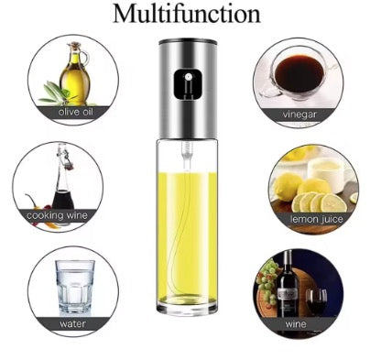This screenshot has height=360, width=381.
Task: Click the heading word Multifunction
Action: [187, 14]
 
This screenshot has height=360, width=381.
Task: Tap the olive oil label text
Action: [75, 112]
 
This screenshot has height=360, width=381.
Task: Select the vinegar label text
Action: [299, 115]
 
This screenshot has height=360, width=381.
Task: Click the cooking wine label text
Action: [57, 215]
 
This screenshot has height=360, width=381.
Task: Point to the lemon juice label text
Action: [317, 219]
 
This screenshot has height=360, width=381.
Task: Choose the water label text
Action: [72, 323]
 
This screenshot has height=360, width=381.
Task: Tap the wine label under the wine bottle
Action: [296, 323]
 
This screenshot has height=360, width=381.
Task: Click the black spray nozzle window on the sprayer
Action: [188, 84]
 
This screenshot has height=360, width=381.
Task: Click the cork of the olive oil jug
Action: [74, 46]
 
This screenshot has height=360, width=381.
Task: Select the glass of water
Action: [75, 287]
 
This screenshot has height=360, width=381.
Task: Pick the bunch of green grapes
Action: [267, 281]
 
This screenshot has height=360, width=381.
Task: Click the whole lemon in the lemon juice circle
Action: [288, 186]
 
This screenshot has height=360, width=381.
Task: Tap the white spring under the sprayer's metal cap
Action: [187, 150]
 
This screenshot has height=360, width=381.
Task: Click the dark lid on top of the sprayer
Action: [188, 41]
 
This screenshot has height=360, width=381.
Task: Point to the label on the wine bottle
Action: [288, 294]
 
